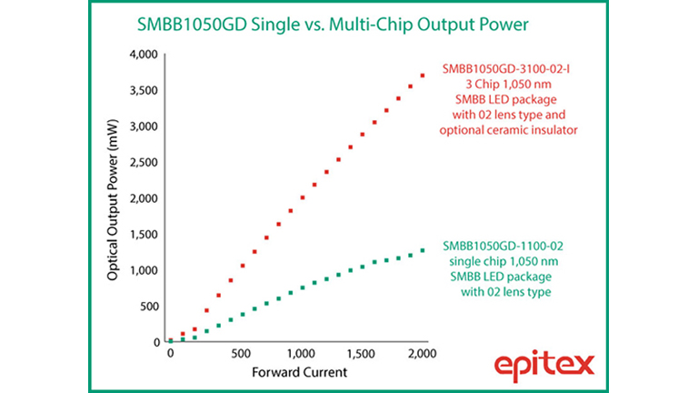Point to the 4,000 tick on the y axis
click(142, 55)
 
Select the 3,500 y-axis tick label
click(142, 91)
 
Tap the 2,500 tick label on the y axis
click(142, 163)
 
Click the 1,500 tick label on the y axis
click(142, 235)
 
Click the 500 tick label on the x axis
click(241, 353)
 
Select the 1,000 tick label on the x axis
click(301, 353)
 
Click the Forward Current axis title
click(296, 371)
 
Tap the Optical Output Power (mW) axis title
click(113, 198)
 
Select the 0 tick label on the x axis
click(171, 353)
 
